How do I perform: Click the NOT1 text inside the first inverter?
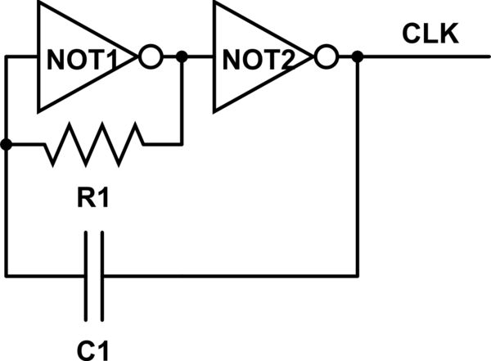[x=83, y=59]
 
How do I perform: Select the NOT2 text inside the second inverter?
[x=259, y=59]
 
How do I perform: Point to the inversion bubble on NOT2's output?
[x=326, y=58]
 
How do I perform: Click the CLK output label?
[x=430, y=35]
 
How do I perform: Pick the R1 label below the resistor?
[x=93, y=199]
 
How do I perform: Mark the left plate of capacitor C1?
[x=85, y=275]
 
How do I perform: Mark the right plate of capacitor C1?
[x=102, y=275]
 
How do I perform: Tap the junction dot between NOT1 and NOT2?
[x=182, y=58]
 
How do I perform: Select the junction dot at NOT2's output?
[x=358, y=58]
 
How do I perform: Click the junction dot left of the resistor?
[x=7, y=145]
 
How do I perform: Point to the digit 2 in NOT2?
[x=299, y=59]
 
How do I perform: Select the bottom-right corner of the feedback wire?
[x=358, y=275]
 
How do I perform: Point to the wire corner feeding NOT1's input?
[x=7, y=58]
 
